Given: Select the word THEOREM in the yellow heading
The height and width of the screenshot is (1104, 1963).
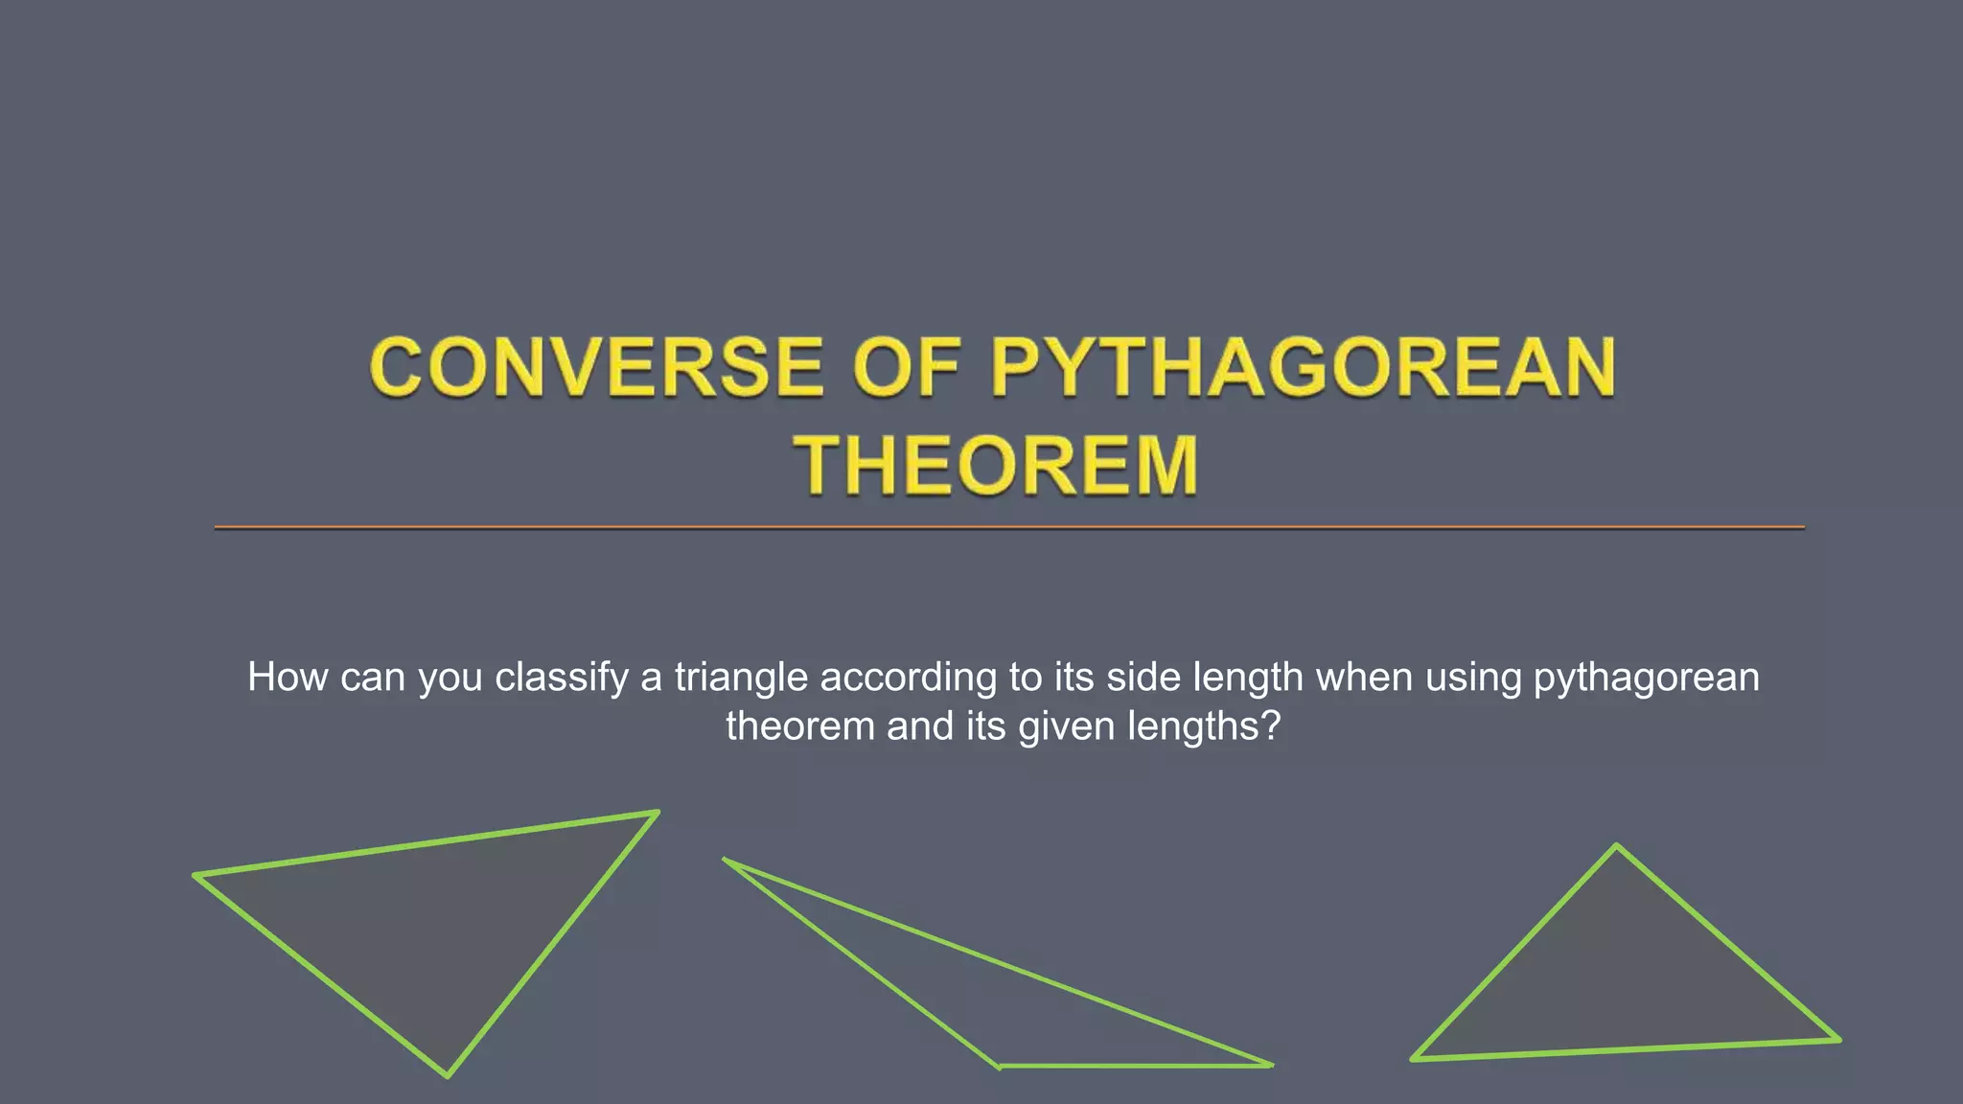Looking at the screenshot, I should (996, 466).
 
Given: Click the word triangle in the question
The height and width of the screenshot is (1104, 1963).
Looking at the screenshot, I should (741, 678).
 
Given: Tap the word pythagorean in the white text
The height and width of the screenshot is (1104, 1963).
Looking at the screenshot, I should (1646, 678).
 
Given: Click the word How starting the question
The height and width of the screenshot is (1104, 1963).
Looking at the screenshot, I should (288, 678).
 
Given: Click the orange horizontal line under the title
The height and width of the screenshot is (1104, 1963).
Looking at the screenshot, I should (1006, 527).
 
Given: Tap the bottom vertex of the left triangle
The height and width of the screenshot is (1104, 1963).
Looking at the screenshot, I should (447, 1075).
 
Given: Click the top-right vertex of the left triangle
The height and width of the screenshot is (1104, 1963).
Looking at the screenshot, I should (657, 814).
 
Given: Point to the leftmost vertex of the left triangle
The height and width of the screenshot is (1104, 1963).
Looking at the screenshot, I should (196, 875).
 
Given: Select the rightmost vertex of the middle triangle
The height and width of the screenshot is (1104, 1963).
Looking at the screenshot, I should (1270, 1065).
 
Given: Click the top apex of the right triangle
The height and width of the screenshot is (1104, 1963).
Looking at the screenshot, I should (1616, 846).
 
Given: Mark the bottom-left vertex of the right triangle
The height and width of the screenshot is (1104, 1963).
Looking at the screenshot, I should (1414, 1059).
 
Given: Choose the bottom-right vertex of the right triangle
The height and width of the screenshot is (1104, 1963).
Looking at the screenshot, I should (1837, 1040).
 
